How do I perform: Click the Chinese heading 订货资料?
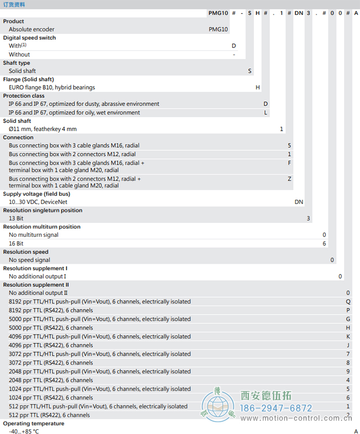(x=14, y=4)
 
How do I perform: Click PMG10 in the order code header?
(x=218, y=13)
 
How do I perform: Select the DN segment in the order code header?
(x=299, y=13)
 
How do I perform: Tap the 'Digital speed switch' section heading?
(x=29, y=38)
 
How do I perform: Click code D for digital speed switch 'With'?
(x=234, y=46)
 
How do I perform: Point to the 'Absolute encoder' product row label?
(x=31, y=29)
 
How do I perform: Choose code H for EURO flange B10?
(x=258, y=88)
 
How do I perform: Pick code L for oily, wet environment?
(x=266, y=112)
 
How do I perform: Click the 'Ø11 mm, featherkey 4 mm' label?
(x=43, y=129)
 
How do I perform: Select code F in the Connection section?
(x=290, y=162)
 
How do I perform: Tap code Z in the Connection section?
(x=290, y=179)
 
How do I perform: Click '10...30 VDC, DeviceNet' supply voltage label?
(x=38, y=202)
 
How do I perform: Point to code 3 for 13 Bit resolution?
(x=309, y=218)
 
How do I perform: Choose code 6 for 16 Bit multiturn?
(x=325, y=243)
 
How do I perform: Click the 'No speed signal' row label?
(x=29, y=260)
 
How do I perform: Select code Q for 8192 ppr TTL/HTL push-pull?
(x=348, y=302)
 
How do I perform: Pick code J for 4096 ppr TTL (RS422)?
(x=348, y=345)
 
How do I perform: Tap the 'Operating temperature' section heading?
(x=34, y=423)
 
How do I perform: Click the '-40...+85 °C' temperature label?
(x=24, y=431)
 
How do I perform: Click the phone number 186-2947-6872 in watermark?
(x=276, y=408)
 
